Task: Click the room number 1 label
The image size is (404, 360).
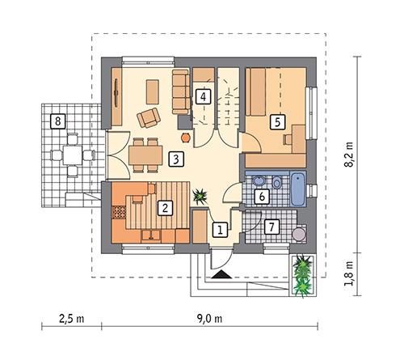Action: click(x=217, y=229)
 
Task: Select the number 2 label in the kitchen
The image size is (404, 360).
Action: click(x=164, y=207)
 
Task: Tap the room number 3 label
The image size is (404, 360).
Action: click(x=175, y=159)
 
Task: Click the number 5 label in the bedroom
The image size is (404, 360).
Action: click(x=276, y=122)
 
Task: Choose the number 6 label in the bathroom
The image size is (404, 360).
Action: click(x=261, y=195)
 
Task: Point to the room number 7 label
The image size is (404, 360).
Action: click(x=271, y=226)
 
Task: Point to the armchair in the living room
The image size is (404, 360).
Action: click(x=148, y=118)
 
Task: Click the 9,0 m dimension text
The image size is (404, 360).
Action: click(x=208, y=316)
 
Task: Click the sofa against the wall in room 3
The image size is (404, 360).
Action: click(x=179, y=91)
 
